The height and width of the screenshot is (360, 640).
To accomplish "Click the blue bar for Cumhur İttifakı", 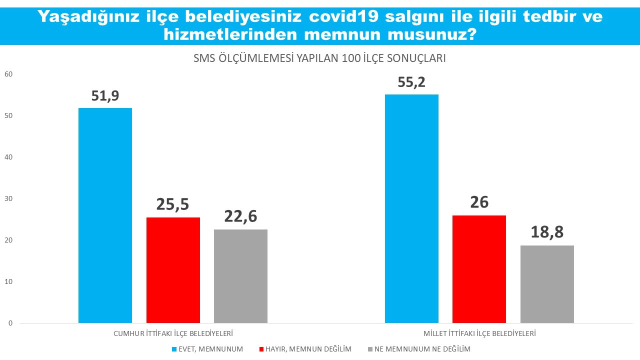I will click(105, 215).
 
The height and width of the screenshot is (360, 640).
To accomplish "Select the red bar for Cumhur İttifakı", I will click(173, 270).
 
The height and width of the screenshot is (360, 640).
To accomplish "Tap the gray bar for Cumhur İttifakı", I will click(240, 276).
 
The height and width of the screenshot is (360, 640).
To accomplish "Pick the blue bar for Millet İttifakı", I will click(411, 208).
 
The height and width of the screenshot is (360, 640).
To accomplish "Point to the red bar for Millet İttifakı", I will click(479, 269).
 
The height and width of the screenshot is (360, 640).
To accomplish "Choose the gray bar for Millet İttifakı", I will click(547, 284).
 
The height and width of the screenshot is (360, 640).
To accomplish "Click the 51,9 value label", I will click(105, 96).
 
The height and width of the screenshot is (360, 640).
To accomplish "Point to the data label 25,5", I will click(173, 205).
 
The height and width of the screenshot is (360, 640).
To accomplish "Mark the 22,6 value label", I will click(240, 217).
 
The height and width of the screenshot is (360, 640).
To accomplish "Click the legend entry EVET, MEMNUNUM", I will click(210, 349).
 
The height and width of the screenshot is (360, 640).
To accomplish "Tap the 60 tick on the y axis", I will click(8, 74).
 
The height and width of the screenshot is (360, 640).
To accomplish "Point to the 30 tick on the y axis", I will click(8, 199).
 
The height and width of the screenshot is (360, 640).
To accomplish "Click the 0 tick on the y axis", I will click(10, 323).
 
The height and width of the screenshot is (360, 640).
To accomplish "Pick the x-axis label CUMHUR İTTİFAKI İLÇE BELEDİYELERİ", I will click(173, 333).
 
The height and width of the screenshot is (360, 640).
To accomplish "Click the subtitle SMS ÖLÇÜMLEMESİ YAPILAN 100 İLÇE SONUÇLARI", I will click(319, 58).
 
